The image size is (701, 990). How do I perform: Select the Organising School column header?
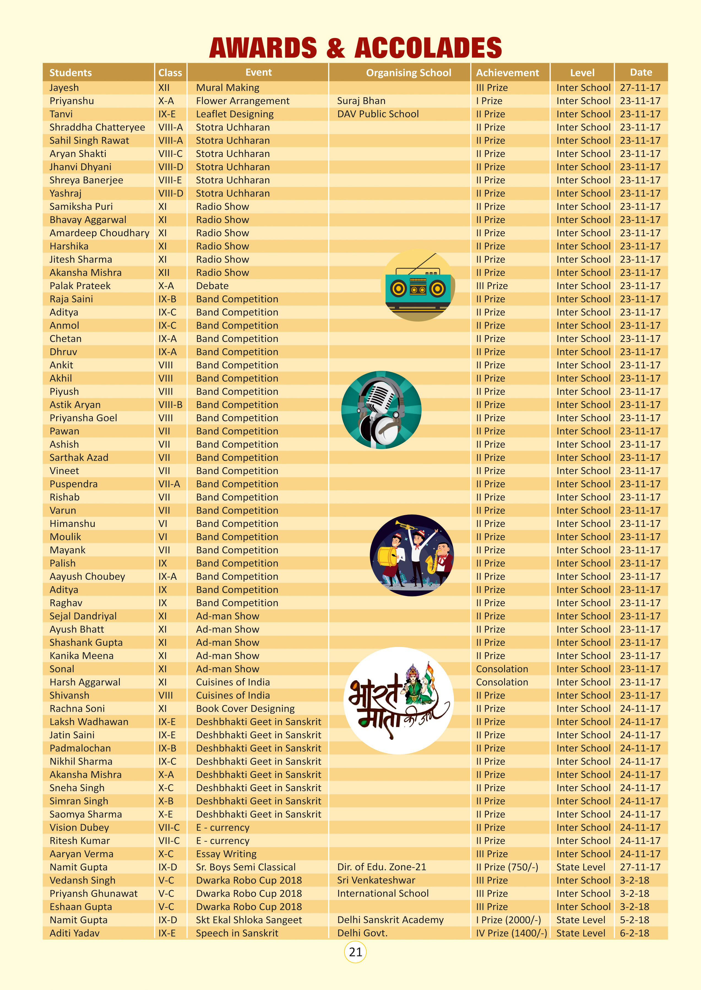coord(408,72)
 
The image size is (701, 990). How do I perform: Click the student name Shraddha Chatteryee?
coord(97,127)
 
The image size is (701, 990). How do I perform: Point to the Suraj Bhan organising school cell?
coord(361,101)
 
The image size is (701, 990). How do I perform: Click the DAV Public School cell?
coord(378,114)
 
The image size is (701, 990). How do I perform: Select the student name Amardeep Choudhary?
coord(99,233)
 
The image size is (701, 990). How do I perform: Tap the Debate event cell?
coord(212,286)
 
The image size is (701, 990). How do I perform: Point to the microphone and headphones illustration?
coord(381,410)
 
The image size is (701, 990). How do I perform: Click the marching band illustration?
coord(412,555)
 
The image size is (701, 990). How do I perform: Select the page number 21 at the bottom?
coord(355,951)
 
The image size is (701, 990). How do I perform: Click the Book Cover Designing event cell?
coord(245,709)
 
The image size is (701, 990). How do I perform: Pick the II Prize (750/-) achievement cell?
coord(507,867)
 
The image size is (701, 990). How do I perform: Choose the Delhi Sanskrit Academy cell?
coord(390,920)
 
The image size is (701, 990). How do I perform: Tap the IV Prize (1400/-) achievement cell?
coord(511,933)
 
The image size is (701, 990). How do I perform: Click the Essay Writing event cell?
coord(226,854)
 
